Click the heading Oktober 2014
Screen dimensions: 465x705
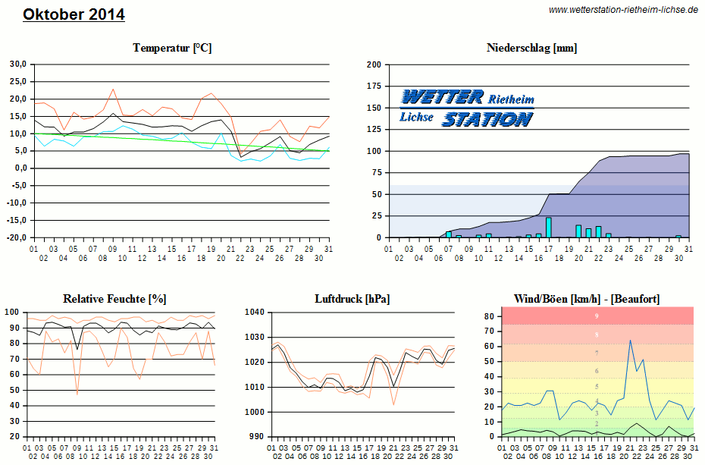point(74,14)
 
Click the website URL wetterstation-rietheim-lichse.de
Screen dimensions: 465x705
point(623,10)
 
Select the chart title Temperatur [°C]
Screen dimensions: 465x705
point(172,48)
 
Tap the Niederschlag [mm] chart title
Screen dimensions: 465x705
point(531,48)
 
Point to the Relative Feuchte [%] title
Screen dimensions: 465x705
point(114,299)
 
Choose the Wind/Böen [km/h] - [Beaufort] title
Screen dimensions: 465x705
point(587,299)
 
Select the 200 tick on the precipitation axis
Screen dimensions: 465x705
point(373,64)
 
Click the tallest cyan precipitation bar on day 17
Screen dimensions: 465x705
point(549,227)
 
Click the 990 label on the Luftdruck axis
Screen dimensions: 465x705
point(257,437)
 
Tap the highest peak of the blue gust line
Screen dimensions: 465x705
point(630,341)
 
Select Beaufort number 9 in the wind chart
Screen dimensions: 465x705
point(597,316)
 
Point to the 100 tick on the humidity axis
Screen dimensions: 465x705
point(13,312)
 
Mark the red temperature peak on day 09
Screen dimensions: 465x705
point(113,89)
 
